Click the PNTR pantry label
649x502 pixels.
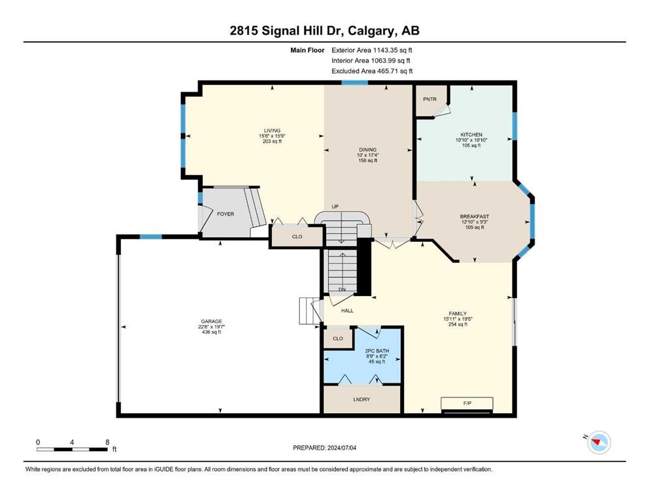tap(429, 99)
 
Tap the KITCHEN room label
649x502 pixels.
tap(471, 135)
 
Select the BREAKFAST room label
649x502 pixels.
tap(474, 216)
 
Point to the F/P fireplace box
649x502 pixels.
tap(467, 403)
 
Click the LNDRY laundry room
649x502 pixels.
tap(361, 399)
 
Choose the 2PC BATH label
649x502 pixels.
tap(377, 351)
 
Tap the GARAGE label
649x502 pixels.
tap(212, 321)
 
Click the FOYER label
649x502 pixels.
tap(225, 214)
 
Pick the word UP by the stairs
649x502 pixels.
tap(335, 207)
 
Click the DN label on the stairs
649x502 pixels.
tap(342, 290)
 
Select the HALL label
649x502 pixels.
tap(347, 310)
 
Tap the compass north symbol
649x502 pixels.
tap(599, 442)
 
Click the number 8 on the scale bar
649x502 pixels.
tap(107, 442)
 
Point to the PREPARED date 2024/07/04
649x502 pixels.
tap(341, 448)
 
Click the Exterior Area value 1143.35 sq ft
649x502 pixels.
tap(393, 50)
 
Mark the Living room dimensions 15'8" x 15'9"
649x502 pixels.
tap(273, 136)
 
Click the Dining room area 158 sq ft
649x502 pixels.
tap(368, 161)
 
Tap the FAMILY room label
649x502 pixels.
tap(458, 314)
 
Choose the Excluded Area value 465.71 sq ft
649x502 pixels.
tap(395, 71)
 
